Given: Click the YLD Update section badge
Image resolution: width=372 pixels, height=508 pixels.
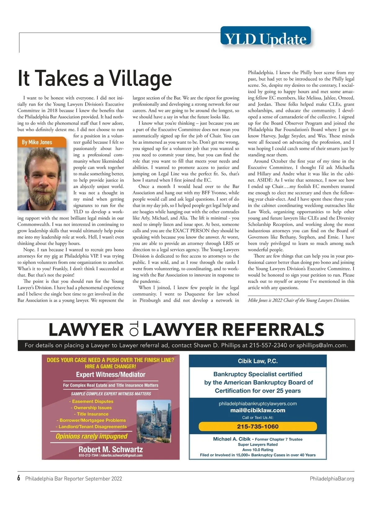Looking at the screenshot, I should pos(265,38).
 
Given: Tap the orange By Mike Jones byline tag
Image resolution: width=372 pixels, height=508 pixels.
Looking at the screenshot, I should pos(37,142).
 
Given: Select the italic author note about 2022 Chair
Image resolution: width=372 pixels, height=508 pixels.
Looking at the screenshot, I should pos(299,300).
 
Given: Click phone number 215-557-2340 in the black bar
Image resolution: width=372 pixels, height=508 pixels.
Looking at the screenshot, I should pos(268,345).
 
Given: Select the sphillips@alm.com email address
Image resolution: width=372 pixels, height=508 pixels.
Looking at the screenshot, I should pos(322,345).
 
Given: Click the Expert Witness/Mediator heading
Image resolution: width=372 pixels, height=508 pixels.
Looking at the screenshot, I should pos(111,375).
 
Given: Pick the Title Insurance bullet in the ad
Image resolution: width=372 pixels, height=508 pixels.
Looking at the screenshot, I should pos(91,414).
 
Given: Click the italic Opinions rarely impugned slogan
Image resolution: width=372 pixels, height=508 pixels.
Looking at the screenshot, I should pos(91,436).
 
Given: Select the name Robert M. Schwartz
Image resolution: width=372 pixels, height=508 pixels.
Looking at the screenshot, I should pos(111,449).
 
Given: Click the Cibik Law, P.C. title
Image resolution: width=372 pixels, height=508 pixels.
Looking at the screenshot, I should pos(258,361).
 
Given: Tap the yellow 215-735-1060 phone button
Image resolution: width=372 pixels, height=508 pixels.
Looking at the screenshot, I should pos(258,426).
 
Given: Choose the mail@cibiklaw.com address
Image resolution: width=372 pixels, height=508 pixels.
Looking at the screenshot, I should pos(258,410).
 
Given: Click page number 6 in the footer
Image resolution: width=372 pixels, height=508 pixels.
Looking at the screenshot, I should pos(19,478).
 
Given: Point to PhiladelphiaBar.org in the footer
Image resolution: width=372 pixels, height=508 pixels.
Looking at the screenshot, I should pos(332,479).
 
